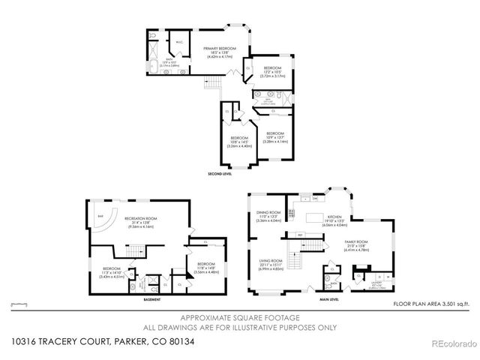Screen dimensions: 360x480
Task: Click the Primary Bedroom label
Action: (220, 52)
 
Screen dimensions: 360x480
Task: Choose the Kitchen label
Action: (334, 220)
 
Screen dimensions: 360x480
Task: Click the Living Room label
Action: (269, 264)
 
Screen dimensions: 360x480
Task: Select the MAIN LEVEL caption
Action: (329, 298)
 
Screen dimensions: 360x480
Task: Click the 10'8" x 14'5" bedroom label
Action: (239, 141)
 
